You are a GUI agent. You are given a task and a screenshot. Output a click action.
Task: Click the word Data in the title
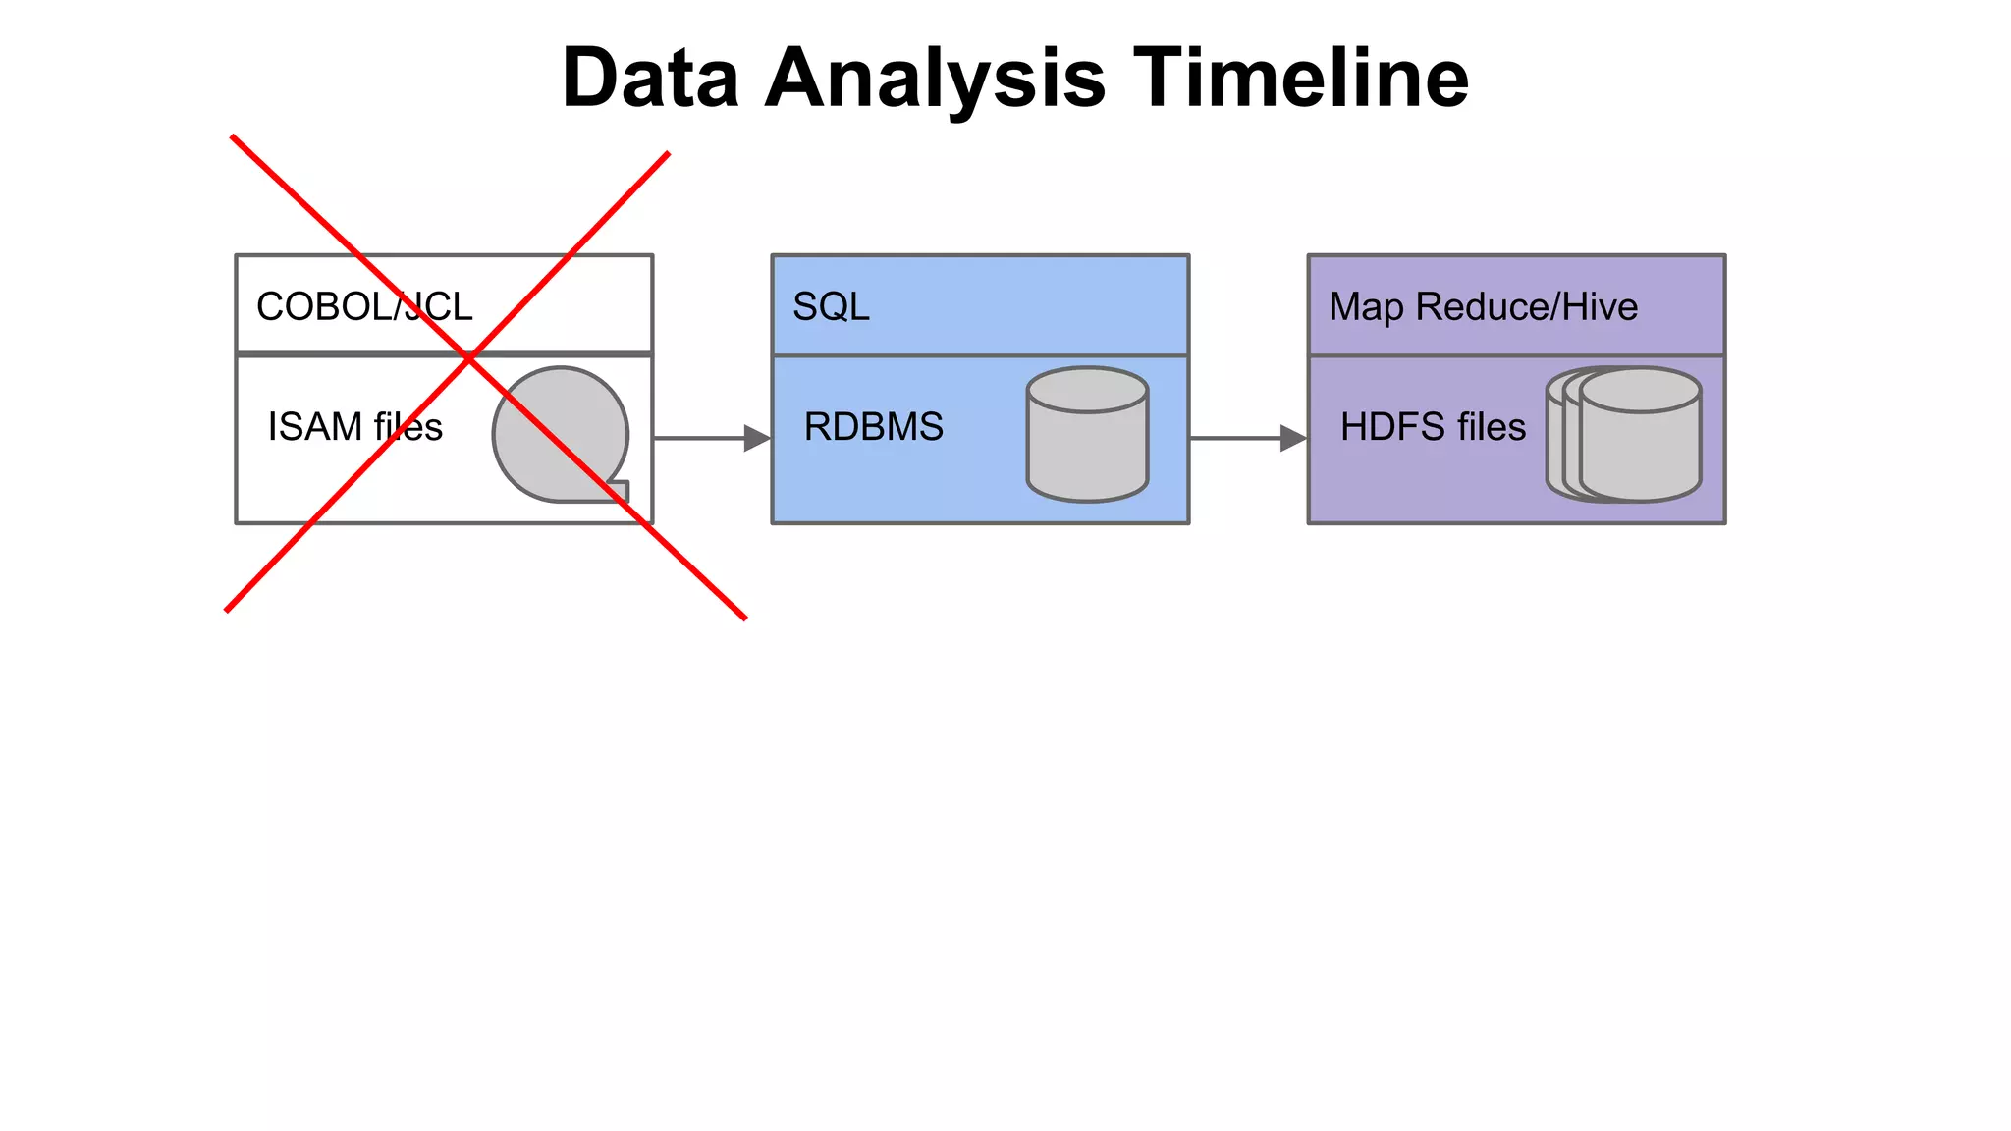click(x=650, y=79)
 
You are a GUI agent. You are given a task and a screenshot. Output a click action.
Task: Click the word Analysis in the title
click(x=935, y=79)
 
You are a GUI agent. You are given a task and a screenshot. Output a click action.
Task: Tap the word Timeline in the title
click(x=1301, y=79)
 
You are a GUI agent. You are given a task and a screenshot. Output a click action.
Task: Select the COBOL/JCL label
click(x=364, y=306)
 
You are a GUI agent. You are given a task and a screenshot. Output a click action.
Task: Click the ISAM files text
click(x=354, y=427)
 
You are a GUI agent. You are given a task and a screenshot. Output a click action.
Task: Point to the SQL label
click(x=831, y=306)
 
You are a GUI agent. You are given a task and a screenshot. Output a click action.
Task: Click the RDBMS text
click(x=873, y=427)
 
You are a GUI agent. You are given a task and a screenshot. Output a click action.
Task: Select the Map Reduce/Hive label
click(x=1483, y=306)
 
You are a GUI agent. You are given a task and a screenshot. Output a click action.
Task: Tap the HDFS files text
click(x=1433, y=427)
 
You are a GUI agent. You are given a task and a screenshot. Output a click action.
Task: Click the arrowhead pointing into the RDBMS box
click(x=757, y=438)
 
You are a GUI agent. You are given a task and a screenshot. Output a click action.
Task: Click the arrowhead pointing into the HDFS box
click(x=1293, y=438)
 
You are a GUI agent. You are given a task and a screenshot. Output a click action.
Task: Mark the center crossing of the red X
click(x=470, y=356)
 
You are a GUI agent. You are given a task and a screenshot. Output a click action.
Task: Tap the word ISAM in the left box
click(x=315, y=427)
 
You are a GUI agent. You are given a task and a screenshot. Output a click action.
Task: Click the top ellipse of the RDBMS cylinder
click(x=1087, y=391)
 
